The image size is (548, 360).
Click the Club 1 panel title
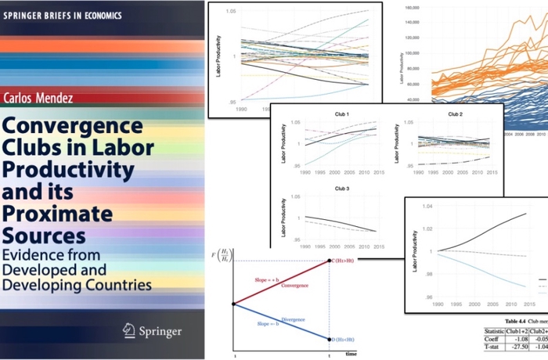point(332,113)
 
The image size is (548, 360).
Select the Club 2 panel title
point(455,113)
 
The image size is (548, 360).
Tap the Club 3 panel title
point(332,188)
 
